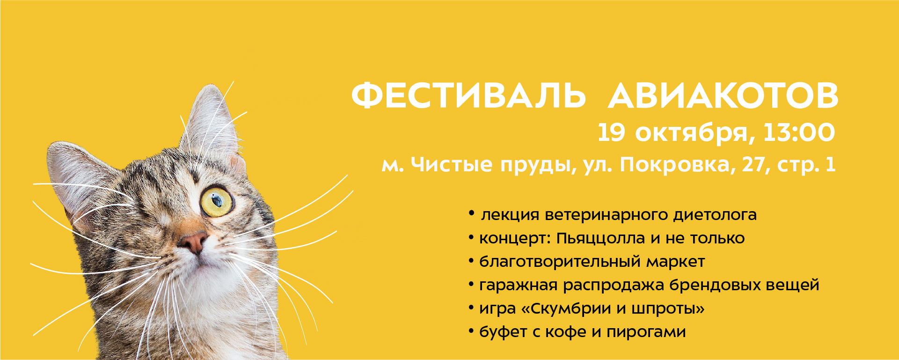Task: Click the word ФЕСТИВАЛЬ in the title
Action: tap(468, 96)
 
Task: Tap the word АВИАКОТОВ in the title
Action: tap(723, 96)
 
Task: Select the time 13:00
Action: tap(799, 132)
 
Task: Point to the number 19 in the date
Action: tap(611, 132)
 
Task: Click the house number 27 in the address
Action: tap(754, 165)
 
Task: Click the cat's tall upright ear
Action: tap(211, 126)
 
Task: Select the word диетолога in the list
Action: tap(715, 215)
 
